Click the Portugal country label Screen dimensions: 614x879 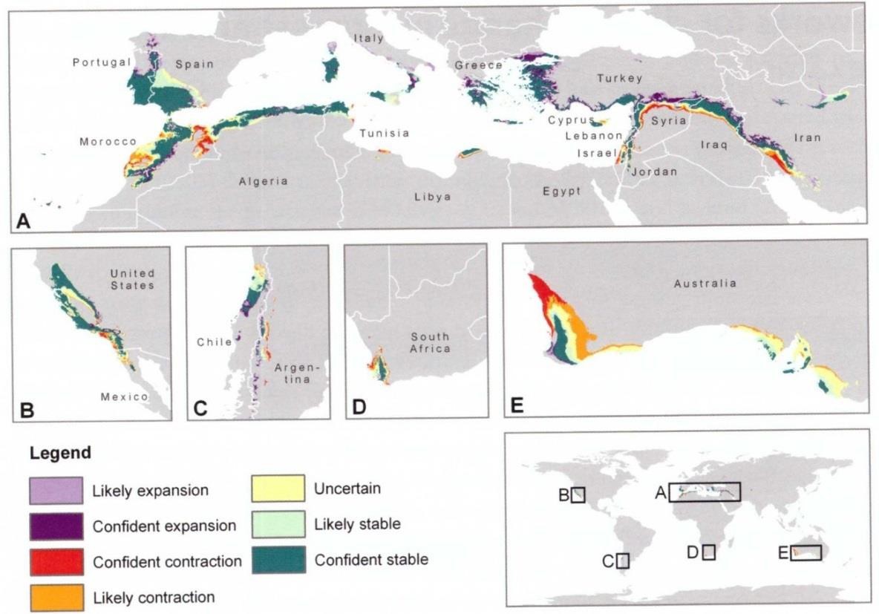tap(101, 63)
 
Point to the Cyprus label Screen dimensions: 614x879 tap(572, 120)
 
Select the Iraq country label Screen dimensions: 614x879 tap(713, 146)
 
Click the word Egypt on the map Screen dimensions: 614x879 tap(561, 192)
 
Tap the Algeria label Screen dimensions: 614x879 tap(263, 182)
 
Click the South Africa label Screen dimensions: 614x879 tap(430, 342)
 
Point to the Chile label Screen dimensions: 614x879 tap(215, 342)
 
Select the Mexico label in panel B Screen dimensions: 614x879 tap(124, 397)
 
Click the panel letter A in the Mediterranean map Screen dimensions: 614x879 tap(23, 220)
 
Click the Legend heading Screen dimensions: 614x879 tap(61, 453)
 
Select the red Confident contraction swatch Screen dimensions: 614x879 tap(56, 561)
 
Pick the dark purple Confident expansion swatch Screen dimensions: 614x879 tap(56, 526)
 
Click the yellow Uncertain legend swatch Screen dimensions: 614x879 tap(278, 489)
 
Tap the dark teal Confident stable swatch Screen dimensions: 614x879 tap(278, 559)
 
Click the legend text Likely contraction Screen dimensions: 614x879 tap(154, 597)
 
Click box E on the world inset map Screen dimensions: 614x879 tap(806, 552)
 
